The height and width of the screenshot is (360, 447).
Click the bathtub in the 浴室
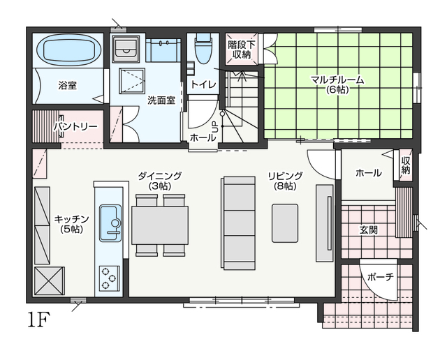[x=69, y=50]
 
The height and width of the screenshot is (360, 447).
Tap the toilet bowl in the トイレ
[x=203, y=49]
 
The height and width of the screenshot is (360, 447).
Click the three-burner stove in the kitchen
[x=109, y=278]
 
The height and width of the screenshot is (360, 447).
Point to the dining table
[x=160, y=225]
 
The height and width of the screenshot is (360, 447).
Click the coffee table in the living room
[x=285, y=223]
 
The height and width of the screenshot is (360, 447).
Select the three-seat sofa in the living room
[x=237, y=223]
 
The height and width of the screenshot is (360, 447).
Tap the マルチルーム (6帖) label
[x=337, y=84]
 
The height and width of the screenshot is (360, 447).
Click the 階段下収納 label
[x=242, y=50]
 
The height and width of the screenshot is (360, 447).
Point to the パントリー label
[x=76, y=126]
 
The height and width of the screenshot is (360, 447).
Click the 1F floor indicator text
[x=39, y=320]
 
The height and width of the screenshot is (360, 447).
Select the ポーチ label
[x=380, y=276]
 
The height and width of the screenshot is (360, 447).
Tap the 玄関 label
[x=369, y=230]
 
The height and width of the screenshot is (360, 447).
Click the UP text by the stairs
[x=214, y=127]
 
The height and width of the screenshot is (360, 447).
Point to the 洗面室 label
[x=161, y=100]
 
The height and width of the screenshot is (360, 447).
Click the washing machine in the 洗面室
[x=126, y=49]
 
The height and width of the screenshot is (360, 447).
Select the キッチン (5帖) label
[x=71, y=224]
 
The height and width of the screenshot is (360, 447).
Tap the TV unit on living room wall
[x=324, y=223]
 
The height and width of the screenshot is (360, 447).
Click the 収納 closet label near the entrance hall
[x=405, y=165]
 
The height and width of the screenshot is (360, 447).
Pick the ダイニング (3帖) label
[x=160, y=181]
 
